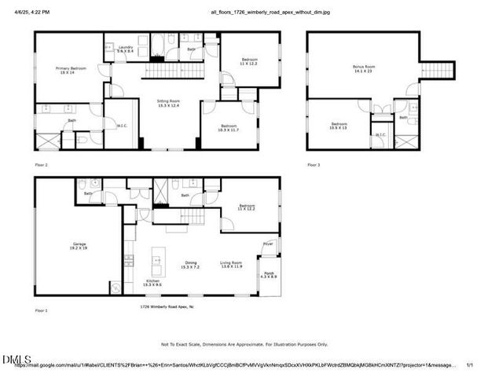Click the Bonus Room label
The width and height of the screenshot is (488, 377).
point(363,68)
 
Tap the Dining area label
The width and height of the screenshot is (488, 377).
point(191,265)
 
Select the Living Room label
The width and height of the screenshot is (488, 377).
point(230,265)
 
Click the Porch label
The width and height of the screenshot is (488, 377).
point(269,275)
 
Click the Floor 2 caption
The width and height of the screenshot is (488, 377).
point(42,166)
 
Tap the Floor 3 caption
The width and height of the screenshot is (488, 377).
point(314,165)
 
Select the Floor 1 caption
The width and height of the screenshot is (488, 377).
point(42,311)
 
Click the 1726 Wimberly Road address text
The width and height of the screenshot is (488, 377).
point(167,306)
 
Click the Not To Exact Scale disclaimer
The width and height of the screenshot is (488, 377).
point(244,344)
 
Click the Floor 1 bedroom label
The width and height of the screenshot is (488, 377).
point(248,207)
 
